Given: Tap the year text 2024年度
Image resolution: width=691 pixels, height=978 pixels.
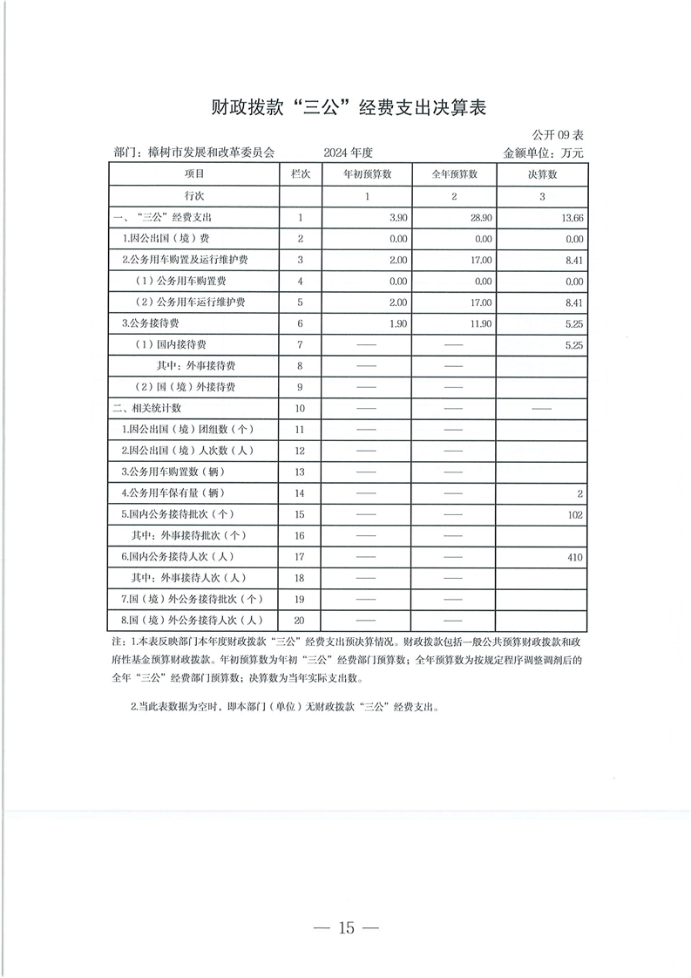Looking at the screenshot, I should click(x=348, y=153).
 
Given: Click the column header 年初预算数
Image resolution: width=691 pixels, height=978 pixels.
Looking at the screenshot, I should click(x=367, y=174).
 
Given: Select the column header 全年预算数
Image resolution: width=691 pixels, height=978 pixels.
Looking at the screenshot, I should click(x=454, y=174).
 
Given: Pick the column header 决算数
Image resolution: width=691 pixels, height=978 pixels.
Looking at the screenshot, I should click(x=542, y=174).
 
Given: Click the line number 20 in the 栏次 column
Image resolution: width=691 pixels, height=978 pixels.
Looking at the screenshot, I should click(x=300, y=621).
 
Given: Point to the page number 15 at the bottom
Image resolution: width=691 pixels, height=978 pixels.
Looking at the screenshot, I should click(x=347, y=927).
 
